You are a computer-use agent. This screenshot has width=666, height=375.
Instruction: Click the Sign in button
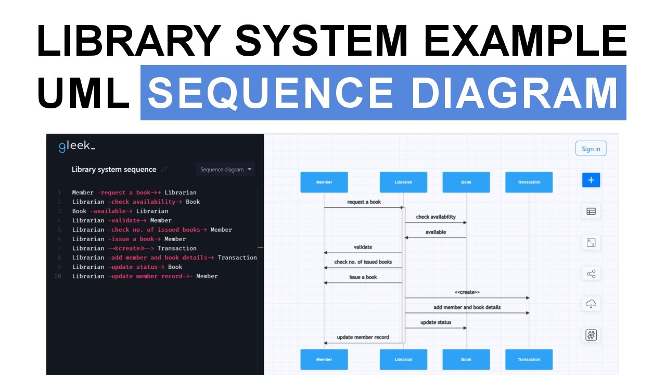[x=591, y=148]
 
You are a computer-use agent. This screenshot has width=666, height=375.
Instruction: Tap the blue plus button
[x=591, y=180]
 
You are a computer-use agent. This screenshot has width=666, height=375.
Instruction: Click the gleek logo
[x=77, y=146]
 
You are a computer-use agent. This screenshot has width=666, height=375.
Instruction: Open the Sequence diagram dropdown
[x=225, y=169]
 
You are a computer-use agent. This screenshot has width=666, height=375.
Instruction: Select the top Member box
[x=324, y=182]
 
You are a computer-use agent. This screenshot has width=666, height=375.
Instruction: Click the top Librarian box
[x=403, y=182]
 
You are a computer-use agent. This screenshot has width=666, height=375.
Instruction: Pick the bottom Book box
[x=466, y=359]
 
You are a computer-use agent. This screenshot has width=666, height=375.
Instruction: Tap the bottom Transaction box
[x=529, y=359]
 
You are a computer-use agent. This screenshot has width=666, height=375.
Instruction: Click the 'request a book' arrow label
[x=364, y=202]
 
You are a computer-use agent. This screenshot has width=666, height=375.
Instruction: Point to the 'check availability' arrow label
[x=436, y=217]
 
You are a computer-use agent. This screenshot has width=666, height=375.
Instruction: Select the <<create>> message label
[x=467, y=292]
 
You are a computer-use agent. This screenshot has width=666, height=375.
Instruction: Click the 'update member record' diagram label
[x=363, y=337]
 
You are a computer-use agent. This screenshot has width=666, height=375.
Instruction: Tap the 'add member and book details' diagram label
[x=467, y=307]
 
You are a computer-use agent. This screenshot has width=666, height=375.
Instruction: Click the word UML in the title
[x=84, y=93]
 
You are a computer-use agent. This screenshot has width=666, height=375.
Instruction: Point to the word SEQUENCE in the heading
[x=270, y=93]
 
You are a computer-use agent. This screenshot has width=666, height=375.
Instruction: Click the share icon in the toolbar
[x=591, y=274]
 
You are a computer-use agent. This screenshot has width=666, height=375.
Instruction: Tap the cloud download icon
[x=591, y=304]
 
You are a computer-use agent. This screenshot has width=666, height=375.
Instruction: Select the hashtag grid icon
[x=591, y=335]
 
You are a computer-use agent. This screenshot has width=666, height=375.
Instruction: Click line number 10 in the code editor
[x=58, y=276]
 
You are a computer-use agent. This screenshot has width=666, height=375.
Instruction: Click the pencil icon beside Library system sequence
[x=164, y=169]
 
